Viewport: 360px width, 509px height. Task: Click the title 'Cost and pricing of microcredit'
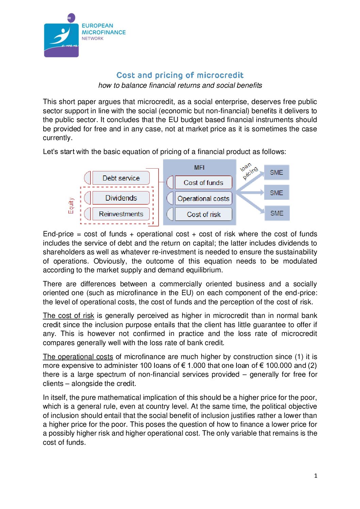pos(180,75)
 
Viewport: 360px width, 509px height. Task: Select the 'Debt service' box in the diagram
pos(121,178)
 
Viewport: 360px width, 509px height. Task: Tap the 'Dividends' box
pos(121,198)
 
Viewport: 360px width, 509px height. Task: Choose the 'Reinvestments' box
pos(121,214)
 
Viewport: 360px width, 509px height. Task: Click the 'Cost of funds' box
pos(203,183)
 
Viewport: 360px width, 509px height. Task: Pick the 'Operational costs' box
pos(203,199)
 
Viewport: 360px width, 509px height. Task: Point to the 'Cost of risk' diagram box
pos(203,215)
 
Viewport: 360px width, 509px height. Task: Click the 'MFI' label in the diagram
pos(199,168)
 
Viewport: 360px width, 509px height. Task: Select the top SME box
pos(276,172)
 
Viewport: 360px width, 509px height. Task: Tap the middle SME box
pos(276,193)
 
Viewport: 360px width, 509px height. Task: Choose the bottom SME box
pos(277,213)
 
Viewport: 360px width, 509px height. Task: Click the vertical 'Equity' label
pos(71,206)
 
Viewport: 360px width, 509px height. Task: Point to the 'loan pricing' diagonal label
pos(249,171)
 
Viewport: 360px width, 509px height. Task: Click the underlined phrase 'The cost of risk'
pos(68,316)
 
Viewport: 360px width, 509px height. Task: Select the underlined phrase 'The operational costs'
pos(78,357)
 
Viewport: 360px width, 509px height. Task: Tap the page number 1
pos(316,476)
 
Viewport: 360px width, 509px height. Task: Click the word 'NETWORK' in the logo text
pos(93,38)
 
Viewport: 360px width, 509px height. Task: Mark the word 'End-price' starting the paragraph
pos(58,234)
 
